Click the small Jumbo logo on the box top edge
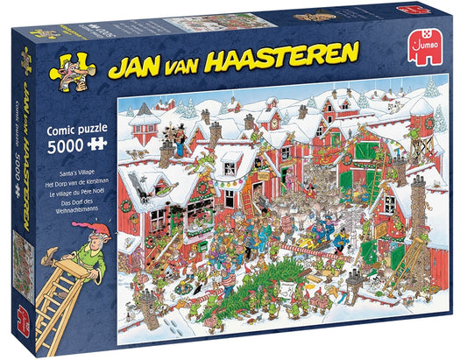coord(406,11)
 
